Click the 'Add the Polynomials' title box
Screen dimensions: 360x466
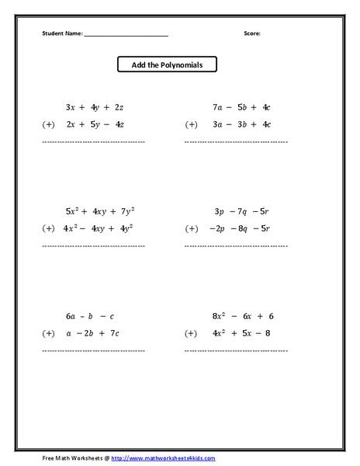click(167, 65)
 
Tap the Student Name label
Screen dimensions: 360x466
click(61, 34)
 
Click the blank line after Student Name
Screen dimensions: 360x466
click(125, 36)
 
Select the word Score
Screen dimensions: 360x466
click(252, 34)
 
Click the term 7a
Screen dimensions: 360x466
click(217, 107)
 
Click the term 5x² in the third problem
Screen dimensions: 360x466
click(73, 210)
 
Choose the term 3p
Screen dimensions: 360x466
click(219, 211)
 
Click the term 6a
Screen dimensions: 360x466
click(71, 316)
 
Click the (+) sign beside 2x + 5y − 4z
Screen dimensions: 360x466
click(48, 124)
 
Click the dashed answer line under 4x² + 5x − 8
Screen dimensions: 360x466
click(236, 351)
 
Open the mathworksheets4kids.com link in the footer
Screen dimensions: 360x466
click(163, 458)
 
